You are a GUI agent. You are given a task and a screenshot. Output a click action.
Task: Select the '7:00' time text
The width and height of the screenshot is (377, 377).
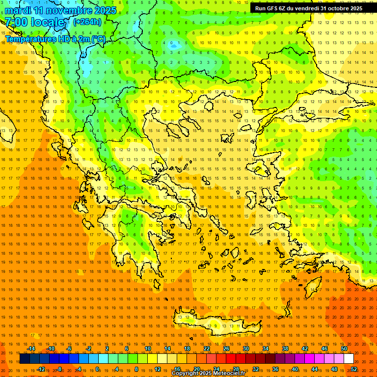[16, 22]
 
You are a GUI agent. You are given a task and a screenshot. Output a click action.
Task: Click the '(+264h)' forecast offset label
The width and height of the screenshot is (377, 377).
[87, 22]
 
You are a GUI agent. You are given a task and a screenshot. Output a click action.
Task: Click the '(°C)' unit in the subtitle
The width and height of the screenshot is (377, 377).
[99, 39]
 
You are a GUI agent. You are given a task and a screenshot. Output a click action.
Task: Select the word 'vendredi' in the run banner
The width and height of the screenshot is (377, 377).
[308, 8]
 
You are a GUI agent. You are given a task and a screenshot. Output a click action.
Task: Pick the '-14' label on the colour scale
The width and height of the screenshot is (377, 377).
[31, 349]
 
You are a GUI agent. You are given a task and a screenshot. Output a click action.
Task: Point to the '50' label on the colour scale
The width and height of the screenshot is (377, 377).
[344, 349]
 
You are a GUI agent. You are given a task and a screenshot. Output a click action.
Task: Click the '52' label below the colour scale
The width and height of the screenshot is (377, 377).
[354, 369]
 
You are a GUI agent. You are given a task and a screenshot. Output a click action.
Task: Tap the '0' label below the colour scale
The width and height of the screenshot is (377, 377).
[97, 369]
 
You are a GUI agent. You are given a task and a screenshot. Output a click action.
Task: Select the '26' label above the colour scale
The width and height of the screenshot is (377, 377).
[226, 349]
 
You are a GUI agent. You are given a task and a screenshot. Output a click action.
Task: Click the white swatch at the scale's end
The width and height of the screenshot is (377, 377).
[349, 359]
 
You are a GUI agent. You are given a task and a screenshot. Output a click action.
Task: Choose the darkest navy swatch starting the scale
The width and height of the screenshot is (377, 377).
[25, 359]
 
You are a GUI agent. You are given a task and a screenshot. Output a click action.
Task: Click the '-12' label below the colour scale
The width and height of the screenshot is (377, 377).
[41, 369]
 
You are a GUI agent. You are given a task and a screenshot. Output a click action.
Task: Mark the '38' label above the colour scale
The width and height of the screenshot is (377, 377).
[285, 349]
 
